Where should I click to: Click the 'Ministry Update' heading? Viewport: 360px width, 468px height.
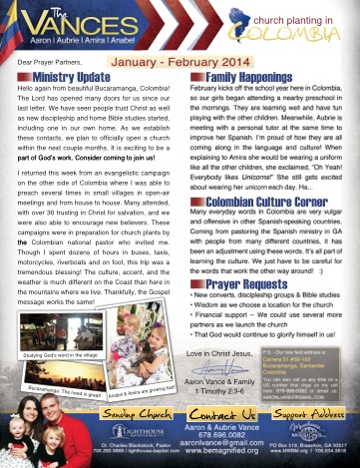72,75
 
